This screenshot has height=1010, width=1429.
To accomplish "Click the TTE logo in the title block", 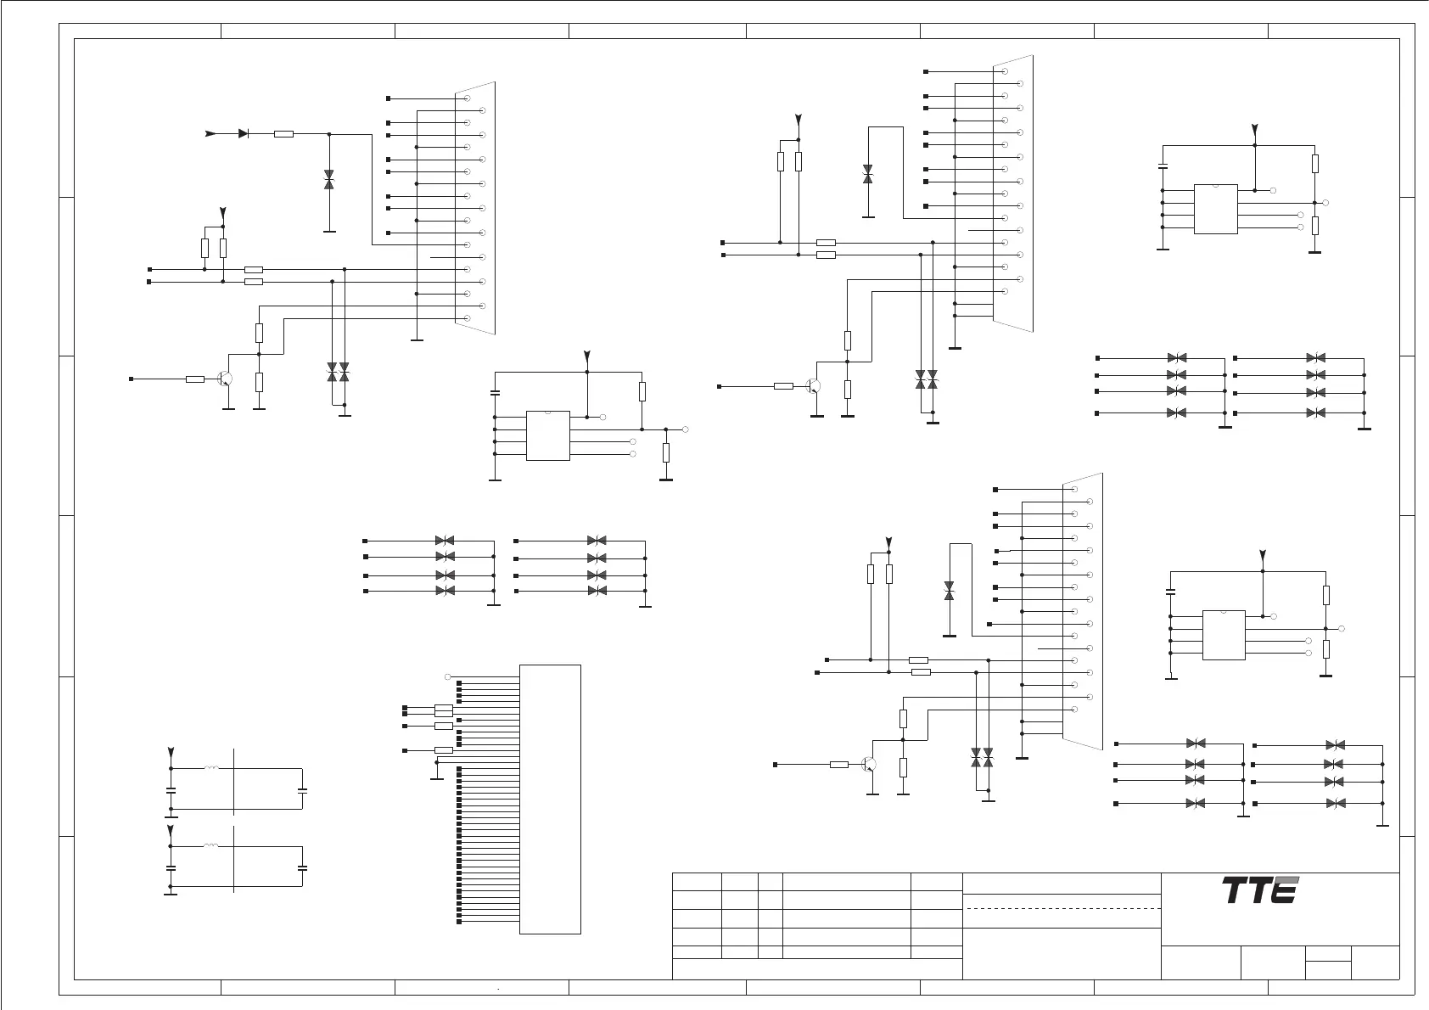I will click(1260, 890).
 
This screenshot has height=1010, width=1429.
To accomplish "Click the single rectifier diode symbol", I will click(244, 133).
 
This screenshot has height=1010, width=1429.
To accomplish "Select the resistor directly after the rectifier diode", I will click(284, 134).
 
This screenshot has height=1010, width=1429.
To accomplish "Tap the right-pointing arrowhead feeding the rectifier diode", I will click(211, 133).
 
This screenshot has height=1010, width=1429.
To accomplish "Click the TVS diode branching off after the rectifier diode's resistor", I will click(329, 179).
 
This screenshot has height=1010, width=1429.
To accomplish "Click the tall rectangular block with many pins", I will click(550, 799).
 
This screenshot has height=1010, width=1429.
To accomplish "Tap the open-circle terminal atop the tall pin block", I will click(448, 676).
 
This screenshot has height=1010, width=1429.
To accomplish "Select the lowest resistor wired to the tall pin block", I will click(443, 750).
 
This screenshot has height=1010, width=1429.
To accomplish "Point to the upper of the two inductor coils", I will click(211, 769).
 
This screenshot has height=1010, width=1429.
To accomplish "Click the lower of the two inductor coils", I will click(211, 846).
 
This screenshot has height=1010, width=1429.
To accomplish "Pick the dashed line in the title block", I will click(1062, 909).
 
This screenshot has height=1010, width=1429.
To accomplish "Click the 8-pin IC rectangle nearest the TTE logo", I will click(1224, 635).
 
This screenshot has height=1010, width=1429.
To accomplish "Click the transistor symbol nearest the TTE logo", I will click(868, 765).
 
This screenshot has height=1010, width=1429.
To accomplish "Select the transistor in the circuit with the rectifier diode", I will click(225, 379).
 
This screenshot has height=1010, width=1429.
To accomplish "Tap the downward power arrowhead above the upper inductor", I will click(171, 753).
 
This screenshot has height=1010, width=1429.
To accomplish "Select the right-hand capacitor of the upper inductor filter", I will click(303, 790).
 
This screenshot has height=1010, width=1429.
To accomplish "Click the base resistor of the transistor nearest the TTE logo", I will click(838, 765).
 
